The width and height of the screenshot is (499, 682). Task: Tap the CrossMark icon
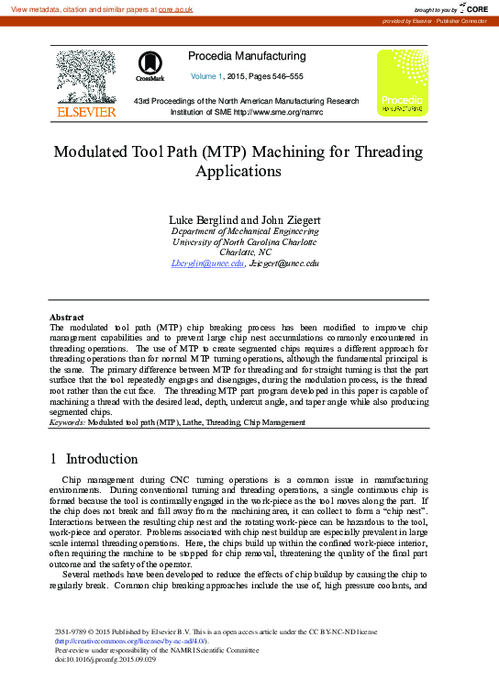[x=150, y=65]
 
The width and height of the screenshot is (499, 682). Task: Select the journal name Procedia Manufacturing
[x=246, y=56]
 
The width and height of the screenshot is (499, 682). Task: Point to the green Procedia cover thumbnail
[x=403, y=83]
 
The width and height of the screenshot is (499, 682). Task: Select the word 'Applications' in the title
[x=249, y=171]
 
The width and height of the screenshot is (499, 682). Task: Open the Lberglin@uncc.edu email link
[x=207, y=263]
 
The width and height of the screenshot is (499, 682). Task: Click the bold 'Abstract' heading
[x=66, y=317]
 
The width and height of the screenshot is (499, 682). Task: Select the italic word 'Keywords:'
[x=67, y=422]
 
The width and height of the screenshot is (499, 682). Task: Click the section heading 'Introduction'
[x=104, y=457]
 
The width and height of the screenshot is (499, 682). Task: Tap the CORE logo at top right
[x=476, y=7]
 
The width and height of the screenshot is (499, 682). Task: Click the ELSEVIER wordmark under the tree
[x=87, y=111]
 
